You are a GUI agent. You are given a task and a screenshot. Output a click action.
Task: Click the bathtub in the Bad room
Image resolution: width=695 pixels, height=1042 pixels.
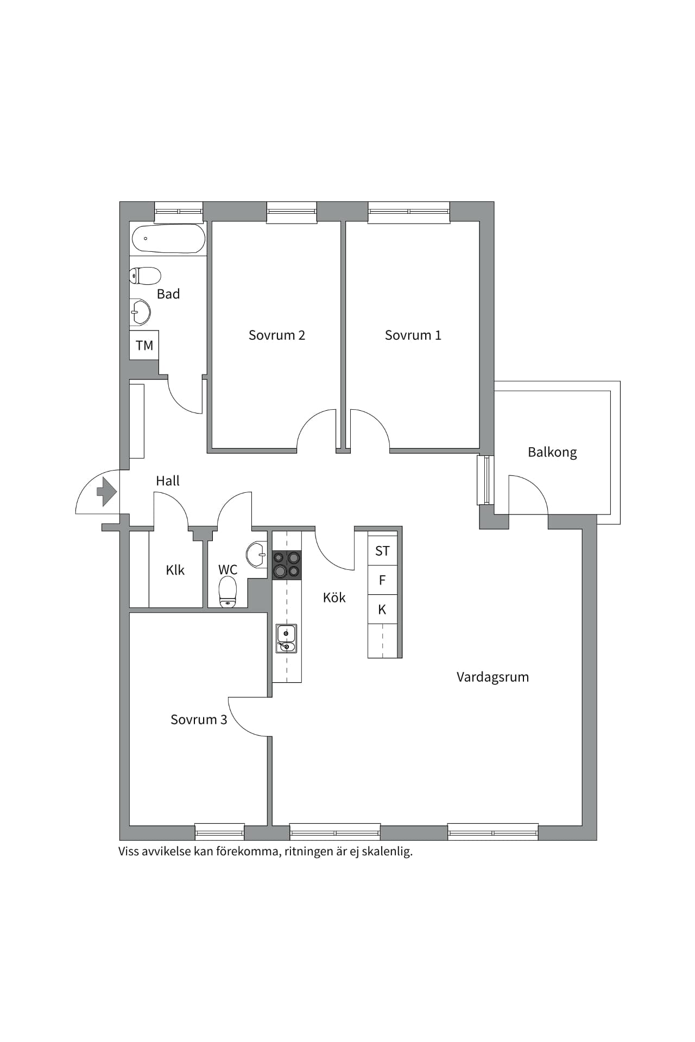click(x=168, y=238)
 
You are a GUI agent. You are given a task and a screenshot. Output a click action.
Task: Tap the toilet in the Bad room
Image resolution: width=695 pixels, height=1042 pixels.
click(x=145, y=276)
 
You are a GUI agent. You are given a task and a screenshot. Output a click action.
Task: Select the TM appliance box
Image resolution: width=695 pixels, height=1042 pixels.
click(x=144, y=345)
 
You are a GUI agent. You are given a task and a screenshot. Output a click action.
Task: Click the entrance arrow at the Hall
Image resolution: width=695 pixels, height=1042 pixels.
click(x=106, y=492)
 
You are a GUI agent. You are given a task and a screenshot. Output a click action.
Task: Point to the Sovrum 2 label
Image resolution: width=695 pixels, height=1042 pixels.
click(x=277, y=335)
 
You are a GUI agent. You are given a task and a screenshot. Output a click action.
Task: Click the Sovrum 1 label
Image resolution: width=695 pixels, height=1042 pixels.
click(x=413, y=335)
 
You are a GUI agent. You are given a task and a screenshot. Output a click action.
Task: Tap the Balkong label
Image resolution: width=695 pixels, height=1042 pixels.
click(x=552, y=453)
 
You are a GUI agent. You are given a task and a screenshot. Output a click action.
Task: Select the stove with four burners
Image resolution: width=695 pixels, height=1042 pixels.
click(x=287, y=565)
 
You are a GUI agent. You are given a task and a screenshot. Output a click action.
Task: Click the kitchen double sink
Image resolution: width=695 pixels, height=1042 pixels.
click(x=286, y=638)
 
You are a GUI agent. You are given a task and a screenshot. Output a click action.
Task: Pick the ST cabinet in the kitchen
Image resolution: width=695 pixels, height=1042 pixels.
click(x=382, y=551)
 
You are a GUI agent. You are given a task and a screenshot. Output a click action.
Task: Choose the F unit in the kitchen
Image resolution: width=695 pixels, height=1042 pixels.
click(x=382, y=580)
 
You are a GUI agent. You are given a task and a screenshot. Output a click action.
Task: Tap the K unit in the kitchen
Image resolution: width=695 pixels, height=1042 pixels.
click(x=382, y=609)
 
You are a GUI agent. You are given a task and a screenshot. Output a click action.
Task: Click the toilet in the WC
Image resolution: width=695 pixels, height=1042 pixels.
click(x=228, y=592)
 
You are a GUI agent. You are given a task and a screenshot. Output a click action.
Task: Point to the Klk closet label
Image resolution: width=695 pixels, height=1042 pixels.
click(x=175, y=570)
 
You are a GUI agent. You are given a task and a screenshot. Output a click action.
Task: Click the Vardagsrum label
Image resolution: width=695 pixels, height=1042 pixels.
click(x=492, y=677)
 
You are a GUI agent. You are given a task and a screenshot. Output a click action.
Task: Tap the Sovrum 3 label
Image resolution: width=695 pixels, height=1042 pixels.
click(x=199, y=720)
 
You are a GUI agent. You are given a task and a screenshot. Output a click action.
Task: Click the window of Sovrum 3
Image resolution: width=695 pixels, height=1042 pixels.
click(x=219, y=832)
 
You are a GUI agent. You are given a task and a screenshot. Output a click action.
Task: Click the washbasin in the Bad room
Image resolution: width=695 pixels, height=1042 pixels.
click(x=141, y=312)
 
